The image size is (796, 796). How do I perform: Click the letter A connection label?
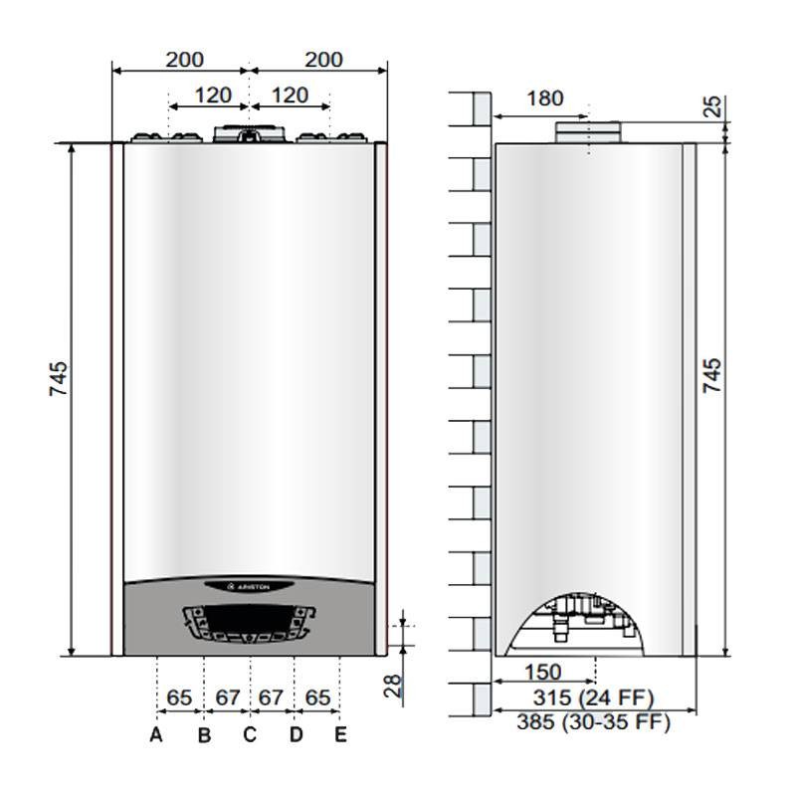[156, 734]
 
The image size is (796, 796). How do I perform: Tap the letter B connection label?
[204, 734]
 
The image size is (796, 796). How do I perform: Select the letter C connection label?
[250, 734]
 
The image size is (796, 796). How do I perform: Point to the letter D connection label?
[296, 734]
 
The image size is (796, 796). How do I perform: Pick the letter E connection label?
[340, 734]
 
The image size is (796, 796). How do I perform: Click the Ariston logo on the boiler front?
[249, 587]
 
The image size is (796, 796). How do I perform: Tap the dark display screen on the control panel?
[249, 618]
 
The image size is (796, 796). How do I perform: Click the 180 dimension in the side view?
[544, 99]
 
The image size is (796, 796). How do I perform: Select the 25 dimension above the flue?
[713, 106]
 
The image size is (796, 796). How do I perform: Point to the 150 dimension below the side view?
[543, 673]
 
